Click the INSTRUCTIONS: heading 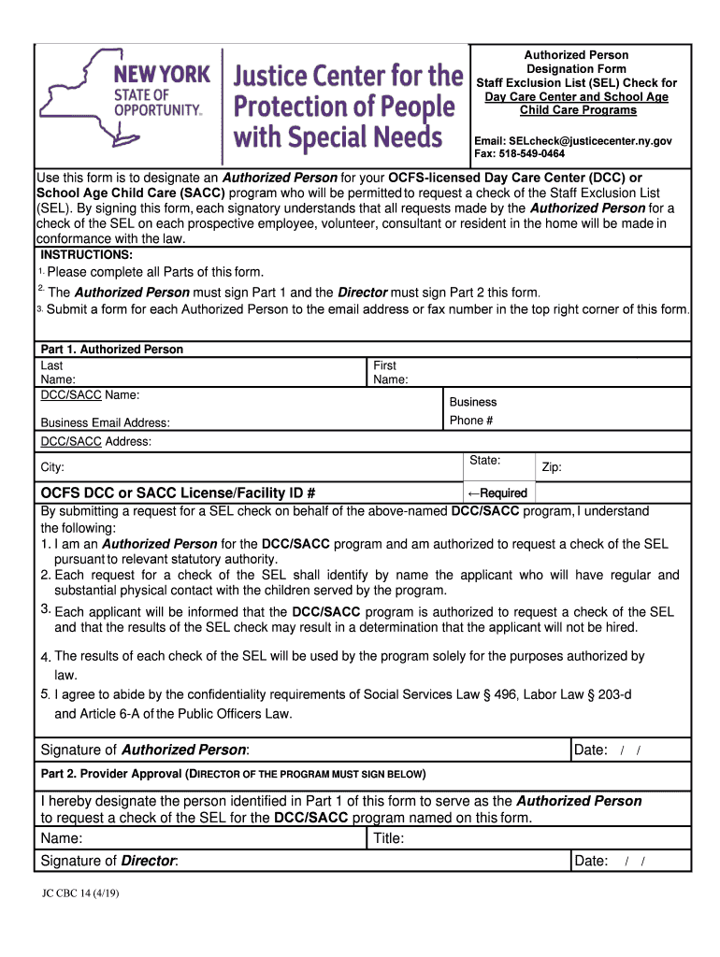pos(86,255)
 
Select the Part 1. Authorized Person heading pos(111,350)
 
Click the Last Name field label pos(52,373)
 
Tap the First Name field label pos(390,373)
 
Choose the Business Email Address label pos(105,423)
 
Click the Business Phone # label pos(473,411)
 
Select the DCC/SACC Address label pos(95,441)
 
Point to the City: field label pos(52,467)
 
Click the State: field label pos(484,461)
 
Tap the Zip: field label pos(551,467)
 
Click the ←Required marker pos(497,493)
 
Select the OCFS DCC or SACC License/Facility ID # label pos(178,493)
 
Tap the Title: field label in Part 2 pos(389,838)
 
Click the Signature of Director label pos(109,861)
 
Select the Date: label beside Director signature pos(591,861)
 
